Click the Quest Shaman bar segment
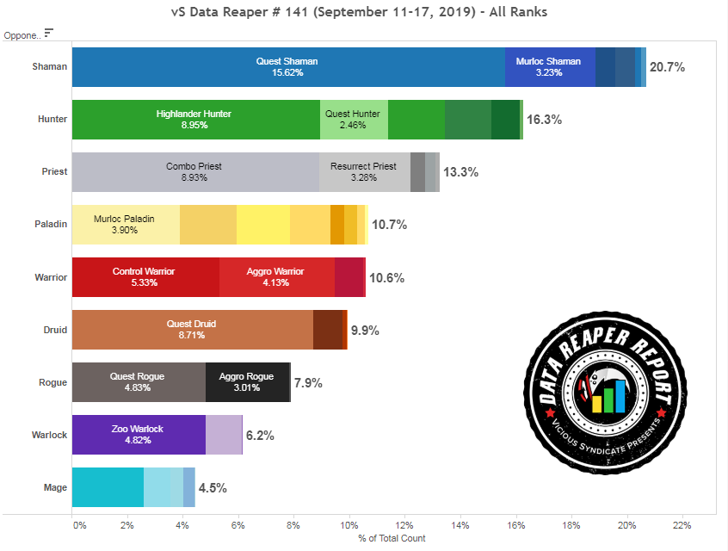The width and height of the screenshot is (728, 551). pyautogui.click(x=287, y=67)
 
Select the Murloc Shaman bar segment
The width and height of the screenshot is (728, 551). pyautogui.click(x=549, y=67)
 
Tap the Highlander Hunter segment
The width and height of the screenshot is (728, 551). pyautogui.click(x=194, y=120)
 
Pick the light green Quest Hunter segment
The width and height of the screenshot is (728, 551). pyautogui.click(x=353, y=120)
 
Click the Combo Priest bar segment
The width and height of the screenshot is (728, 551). pyautogui.click(x=194, y=172)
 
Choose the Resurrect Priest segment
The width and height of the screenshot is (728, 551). pyautogui.click(x=364, y=172)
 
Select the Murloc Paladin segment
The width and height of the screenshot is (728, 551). pyautogui.click(x=126, y=225)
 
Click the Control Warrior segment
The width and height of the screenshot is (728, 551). pyautogui.click(x=145, y=277)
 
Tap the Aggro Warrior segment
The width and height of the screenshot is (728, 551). pyautogui.click(x=276, y=277)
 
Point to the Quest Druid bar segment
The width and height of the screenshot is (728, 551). pyautogui.click(x=192, y=330)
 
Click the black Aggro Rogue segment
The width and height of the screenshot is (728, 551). pyautogui.click(x=247, y=382)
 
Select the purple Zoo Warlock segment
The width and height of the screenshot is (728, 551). pyautogui.click(x=138, y=435)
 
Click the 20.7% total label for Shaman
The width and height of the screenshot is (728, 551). pyautogui.click(x=668, y=67)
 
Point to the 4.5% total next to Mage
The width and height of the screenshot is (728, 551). pyautogui.click(x=213, y=488)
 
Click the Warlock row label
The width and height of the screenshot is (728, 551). pyautogui.click(x=50, y=435)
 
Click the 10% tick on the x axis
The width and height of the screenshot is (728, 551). pyautogui.click(x=349, y=525)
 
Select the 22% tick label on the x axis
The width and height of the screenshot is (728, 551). pyautogui.click(x=682, y=525)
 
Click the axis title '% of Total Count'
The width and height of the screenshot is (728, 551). pyautogui.click(x=392, y=538)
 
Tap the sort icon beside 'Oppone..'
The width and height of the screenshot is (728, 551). pyautogui.click(x=49, y=33)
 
